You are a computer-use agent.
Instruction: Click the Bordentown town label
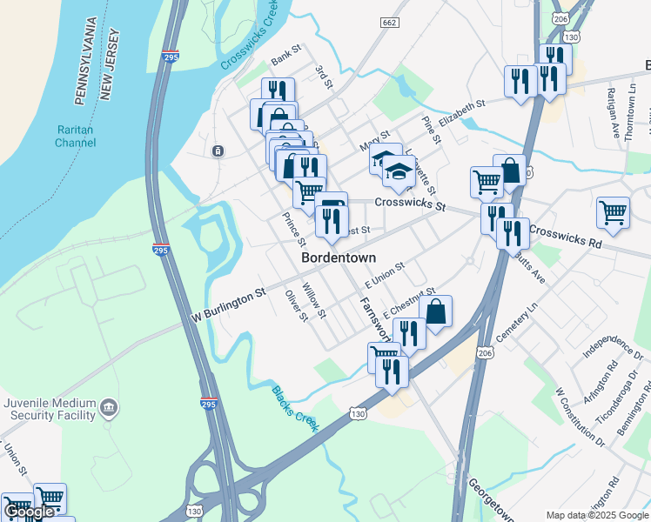pyautogui.click(x=339, y=258)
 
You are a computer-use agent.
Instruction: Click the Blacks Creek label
pyautogui.click(x=295, y=408)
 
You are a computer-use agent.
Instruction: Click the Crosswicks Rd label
pyautogui.click(x=565, y=238)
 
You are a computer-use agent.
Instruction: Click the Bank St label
pyautogui.click(x=285, y=57)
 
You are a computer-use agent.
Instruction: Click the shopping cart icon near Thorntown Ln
pyautogui.click(x=614, y=211)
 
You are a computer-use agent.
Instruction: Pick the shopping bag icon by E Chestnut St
pyautogui.click(x=436, y=310)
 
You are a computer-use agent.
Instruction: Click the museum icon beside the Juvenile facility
pyautogui.click(x=108, y=406)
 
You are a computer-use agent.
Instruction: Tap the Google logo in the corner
pyautogui.click(x=29, y=512)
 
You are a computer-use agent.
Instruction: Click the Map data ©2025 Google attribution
pyautogui.click(x=598, y=516)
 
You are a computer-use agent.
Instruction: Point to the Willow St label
pyautogui.click(x=313, y=300)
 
